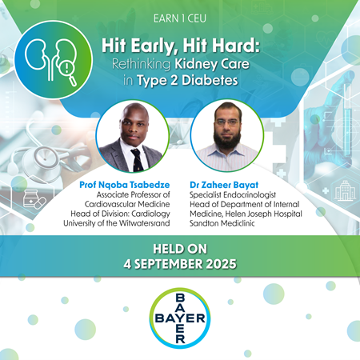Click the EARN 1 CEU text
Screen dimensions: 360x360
tap(180, 17)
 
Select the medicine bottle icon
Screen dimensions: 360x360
tap(30, 198)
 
